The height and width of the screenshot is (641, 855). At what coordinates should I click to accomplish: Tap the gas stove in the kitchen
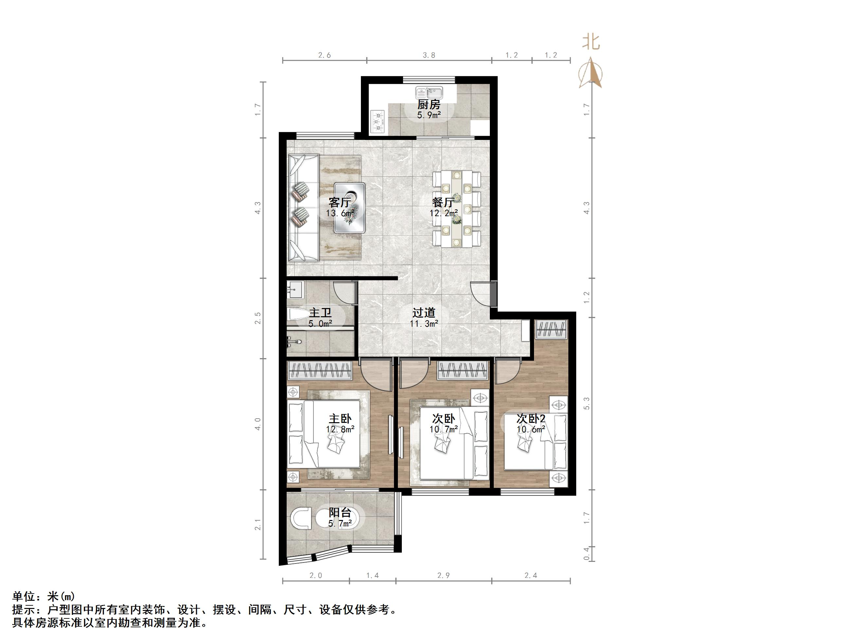378,122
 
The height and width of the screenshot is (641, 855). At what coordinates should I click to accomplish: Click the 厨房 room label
429,104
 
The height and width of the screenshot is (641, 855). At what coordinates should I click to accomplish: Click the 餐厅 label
443,202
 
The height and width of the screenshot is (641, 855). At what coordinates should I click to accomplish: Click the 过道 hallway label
424,312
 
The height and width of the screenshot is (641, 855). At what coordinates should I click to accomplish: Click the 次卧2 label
531,418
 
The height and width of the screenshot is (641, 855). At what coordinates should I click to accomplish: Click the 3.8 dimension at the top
429,55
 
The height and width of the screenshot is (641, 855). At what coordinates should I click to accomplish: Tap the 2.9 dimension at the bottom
443,575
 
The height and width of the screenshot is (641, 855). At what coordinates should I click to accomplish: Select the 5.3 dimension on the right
586,403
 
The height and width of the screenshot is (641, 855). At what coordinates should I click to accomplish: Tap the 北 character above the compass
591,42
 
